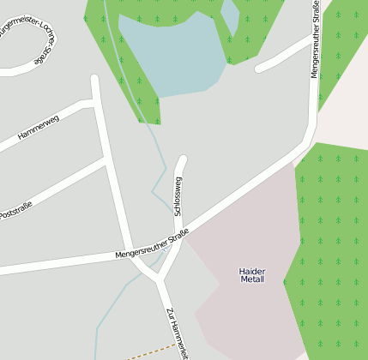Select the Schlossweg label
click(178, 196)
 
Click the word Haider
click(252, 271)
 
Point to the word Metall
click(252, 279)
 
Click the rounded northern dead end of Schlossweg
click(181, 160)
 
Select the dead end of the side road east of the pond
click(260, 68)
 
